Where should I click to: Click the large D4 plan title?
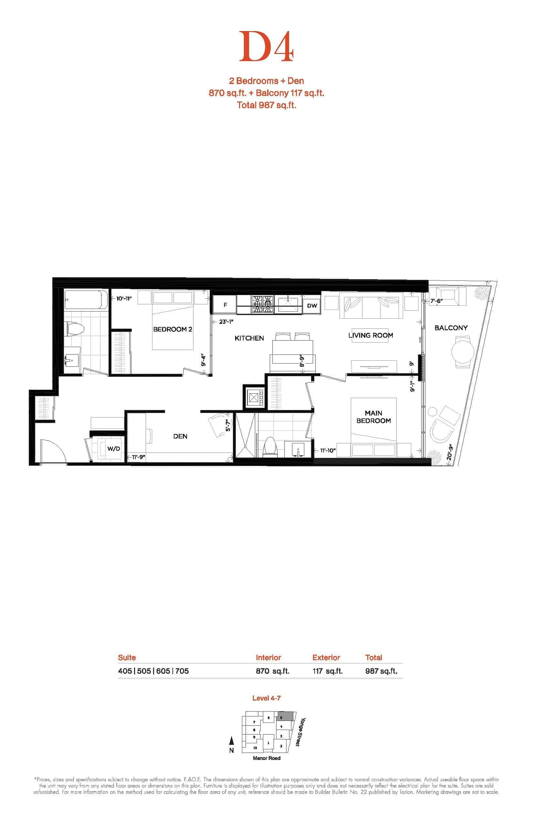266,47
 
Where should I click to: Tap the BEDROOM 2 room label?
173,329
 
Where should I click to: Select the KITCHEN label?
249,338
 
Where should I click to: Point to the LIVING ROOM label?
371,335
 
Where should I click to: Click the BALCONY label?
451,328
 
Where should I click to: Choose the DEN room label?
180,436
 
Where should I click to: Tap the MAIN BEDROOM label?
373,417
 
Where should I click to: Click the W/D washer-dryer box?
113,449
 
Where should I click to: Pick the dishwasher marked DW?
312,305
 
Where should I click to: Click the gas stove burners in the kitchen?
262,304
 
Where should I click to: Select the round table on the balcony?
463,352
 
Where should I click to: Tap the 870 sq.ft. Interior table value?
272,671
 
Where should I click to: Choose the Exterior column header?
326,658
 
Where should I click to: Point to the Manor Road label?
266,758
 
